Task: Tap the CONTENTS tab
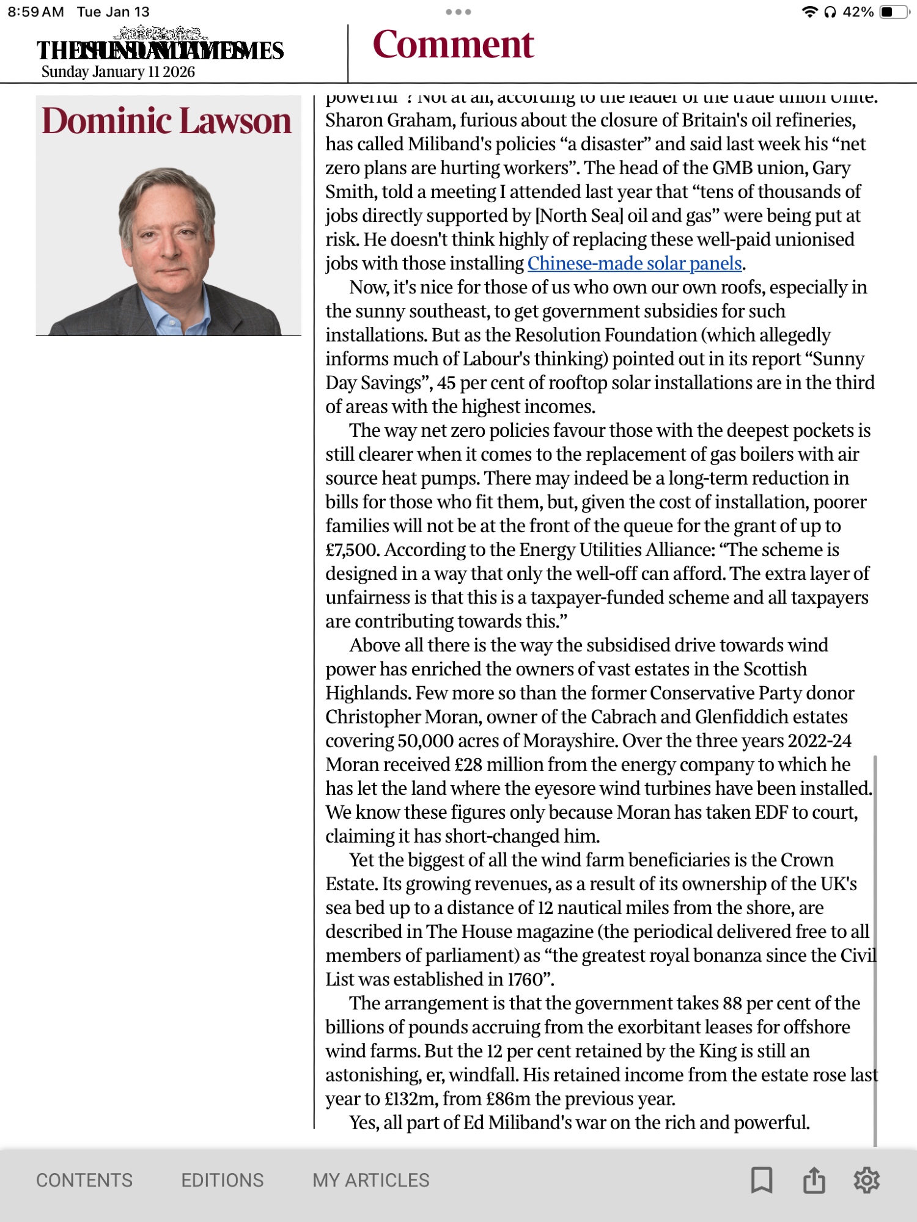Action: tap(84, 1180)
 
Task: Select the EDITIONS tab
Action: tap(222, 1180)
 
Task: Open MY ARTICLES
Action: tap(370, 1180)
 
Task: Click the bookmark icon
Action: tap(761, 1180)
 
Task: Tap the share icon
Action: tap(814, 1180)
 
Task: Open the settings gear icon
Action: tap(866, 1180)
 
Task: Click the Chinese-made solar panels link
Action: tap(635, 263)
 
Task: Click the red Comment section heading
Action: tap(453, 45)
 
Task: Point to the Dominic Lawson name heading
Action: tap(166, 120)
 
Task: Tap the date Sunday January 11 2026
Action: tap(118, 72)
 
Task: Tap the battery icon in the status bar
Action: tap(894, 12)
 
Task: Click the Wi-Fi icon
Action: tap(809, 12)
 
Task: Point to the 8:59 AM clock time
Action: tap(35, 12)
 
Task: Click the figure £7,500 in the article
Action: tap(352, 550)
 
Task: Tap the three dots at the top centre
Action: tap(458, 12)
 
